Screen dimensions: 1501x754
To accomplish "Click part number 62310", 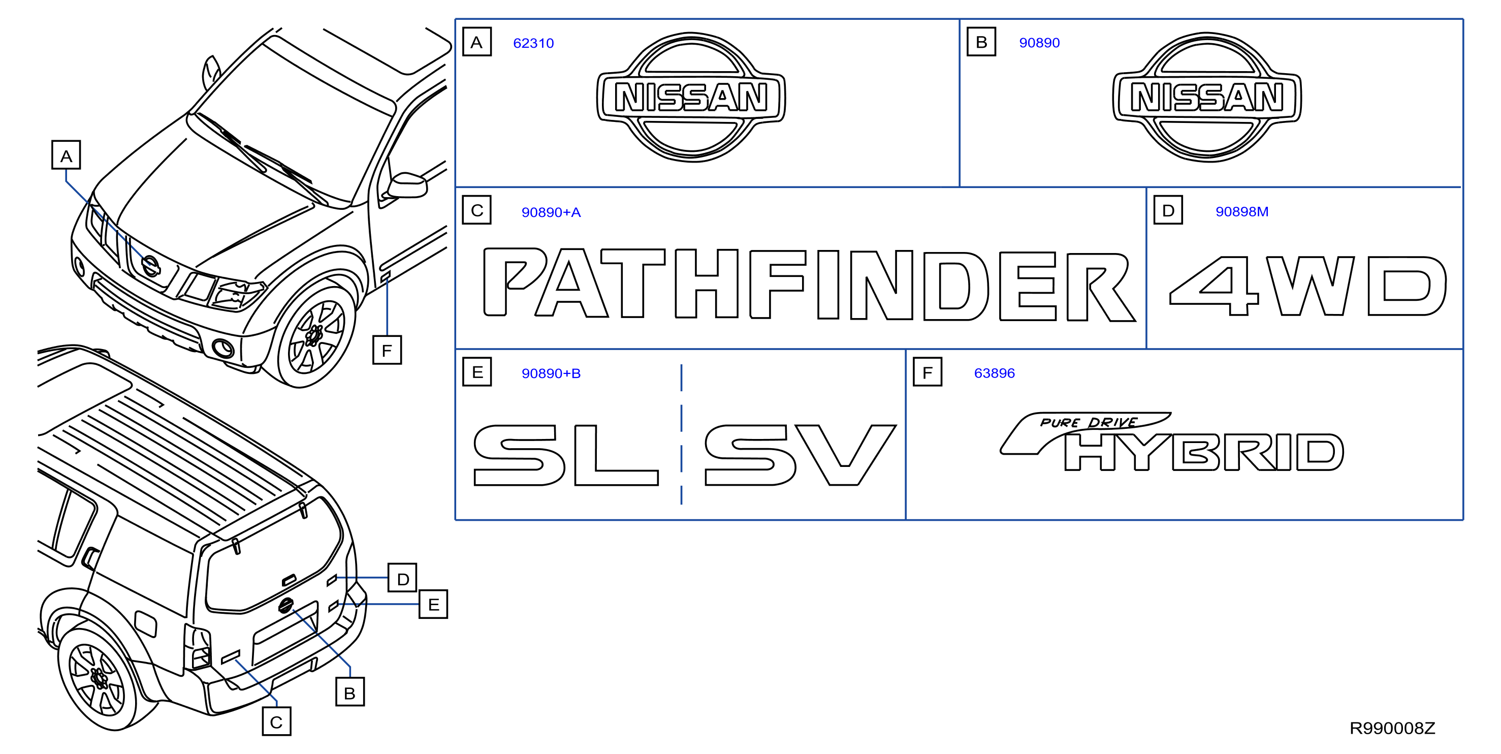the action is click(x=533, y=43).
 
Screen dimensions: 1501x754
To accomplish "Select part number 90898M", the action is click(x=1242, y=211).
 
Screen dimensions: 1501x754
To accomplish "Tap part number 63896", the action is click(x=994, y=373).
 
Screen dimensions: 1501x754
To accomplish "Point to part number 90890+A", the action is click(x=551, y=212).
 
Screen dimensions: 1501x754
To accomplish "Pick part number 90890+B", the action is click(x=551, y=373).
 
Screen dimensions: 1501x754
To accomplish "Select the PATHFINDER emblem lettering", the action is click(x=809, y=285).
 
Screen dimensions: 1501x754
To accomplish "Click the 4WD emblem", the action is click(x=1307, y=286).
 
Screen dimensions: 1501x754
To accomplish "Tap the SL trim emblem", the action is click(x=565, y=455).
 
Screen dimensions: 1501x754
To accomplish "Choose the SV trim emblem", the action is click(x=800, y=455).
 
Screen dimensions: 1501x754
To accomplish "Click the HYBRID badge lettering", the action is click(x=1203, y=452).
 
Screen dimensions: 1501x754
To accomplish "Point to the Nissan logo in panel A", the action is click(x=691, y=97).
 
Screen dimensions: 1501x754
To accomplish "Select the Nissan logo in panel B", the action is click(x=1207, y=97).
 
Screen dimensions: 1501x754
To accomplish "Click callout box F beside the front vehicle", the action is click(x=387, y=350).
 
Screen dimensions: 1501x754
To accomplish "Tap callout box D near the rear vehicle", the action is click(x=403, y=578).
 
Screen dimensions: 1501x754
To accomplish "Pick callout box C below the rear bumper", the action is click(x=276, y=721).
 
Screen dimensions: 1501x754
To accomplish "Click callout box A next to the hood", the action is click(x=66, y=155).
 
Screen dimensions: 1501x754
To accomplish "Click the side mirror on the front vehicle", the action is click(x=407, y=185).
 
